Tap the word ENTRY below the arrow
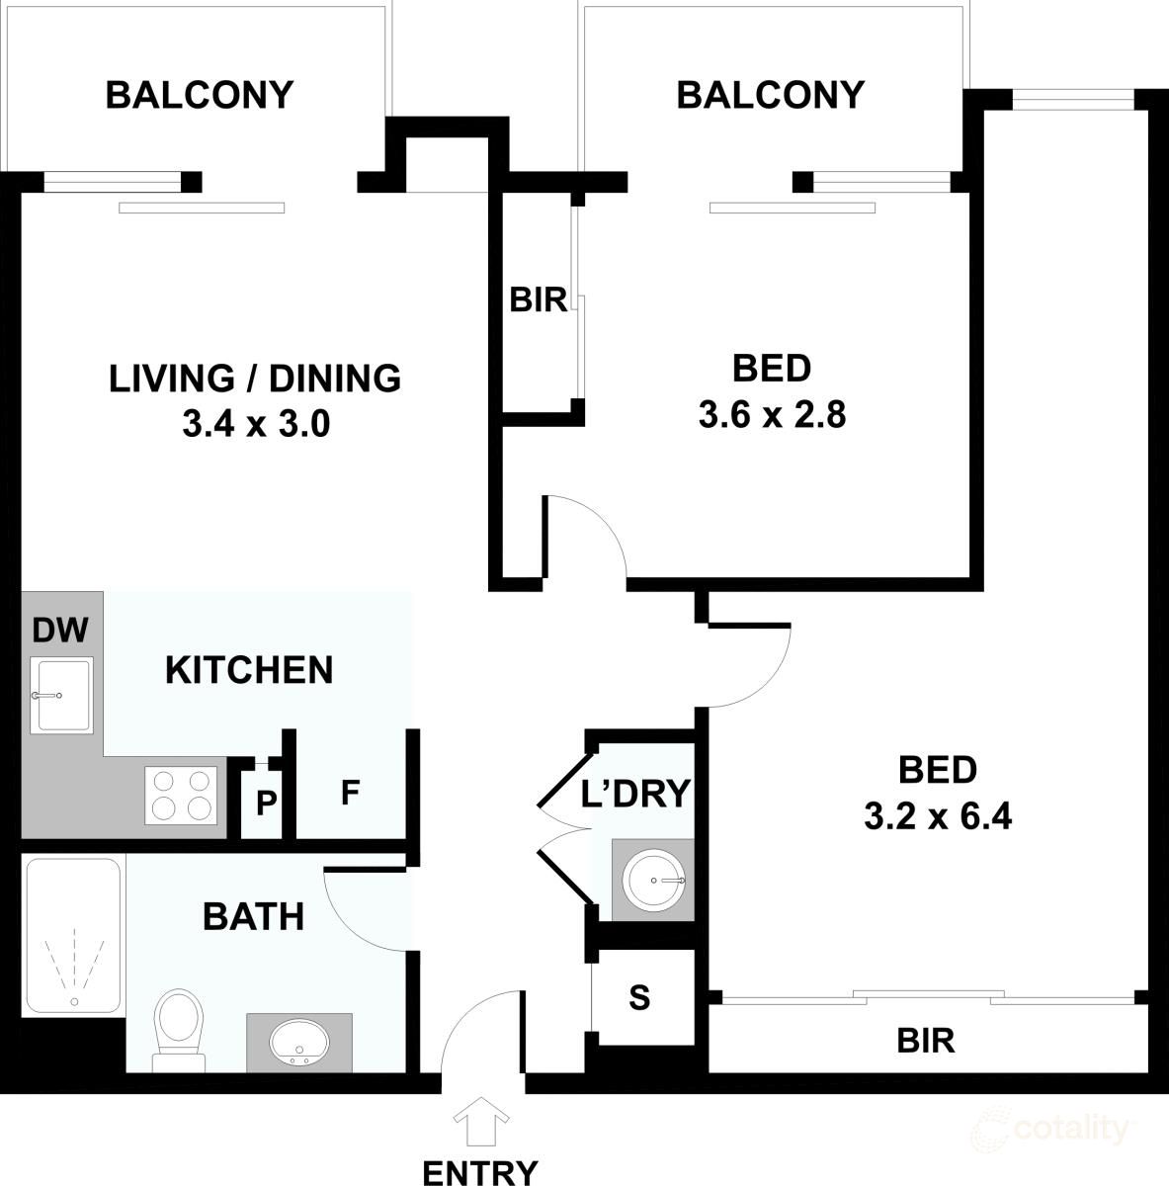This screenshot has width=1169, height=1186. [480, 1171]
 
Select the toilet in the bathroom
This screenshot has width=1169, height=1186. [178, 1028]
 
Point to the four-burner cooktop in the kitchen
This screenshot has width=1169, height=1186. [181, 795]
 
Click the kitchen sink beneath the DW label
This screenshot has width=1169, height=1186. [61, 695]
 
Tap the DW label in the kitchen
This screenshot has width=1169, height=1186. [60, 629]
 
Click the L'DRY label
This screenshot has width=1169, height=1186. [634, 793]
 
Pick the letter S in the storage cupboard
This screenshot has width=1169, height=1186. [640, 998]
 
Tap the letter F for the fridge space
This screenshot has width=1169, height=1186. [348, 793]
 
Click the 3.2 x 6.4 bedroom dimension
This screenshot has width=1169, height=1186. [937, 816]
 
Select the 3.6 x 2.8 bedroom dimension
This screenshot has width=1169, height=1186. [772, 415]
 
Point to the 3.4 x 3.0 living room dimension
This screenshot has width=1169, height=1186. [255, 425]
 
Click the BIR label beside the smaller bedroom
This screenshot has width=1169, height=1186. [539, 299]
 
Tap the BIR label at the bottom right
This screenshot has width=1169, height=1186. [925, 1040]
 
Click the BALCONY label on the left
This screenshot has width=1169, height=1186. [200, 95]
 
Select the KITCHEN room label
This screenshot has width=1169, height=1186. [249, 669]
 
